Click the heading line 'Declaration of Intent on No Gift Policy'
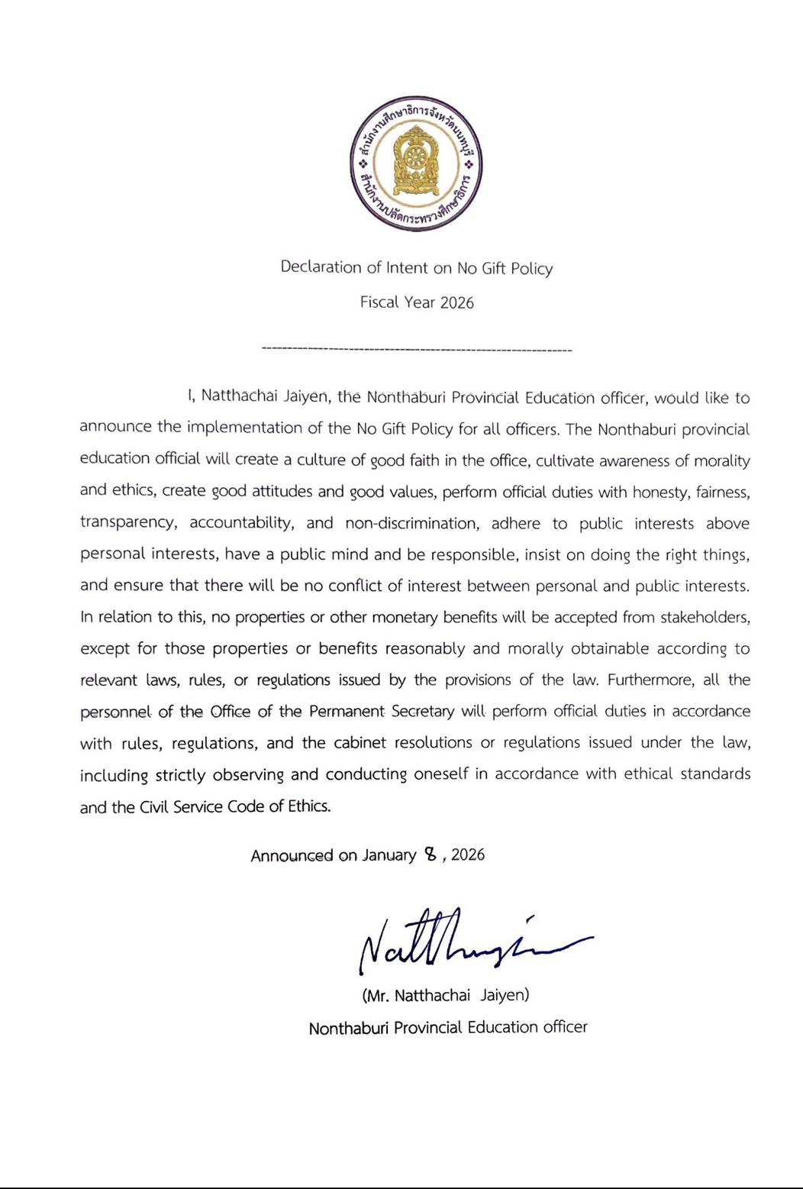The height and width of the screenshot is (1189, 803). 417,268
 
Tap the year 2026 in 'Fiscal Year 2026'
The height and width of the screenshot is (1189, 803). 456,302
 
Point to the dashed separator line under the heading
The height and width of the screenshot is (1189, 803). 417,350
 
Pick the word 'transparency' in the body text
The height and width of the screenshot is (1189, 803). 127,523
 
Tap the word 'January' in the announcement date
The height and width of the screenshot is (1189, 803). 389,855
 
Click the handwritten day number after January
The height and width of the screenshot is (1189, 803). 431,855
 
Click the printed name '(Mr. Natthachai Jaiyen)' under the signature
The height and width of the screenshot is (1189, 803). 445,996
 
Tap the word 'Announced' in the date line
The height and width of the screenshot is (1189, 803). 292,855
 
